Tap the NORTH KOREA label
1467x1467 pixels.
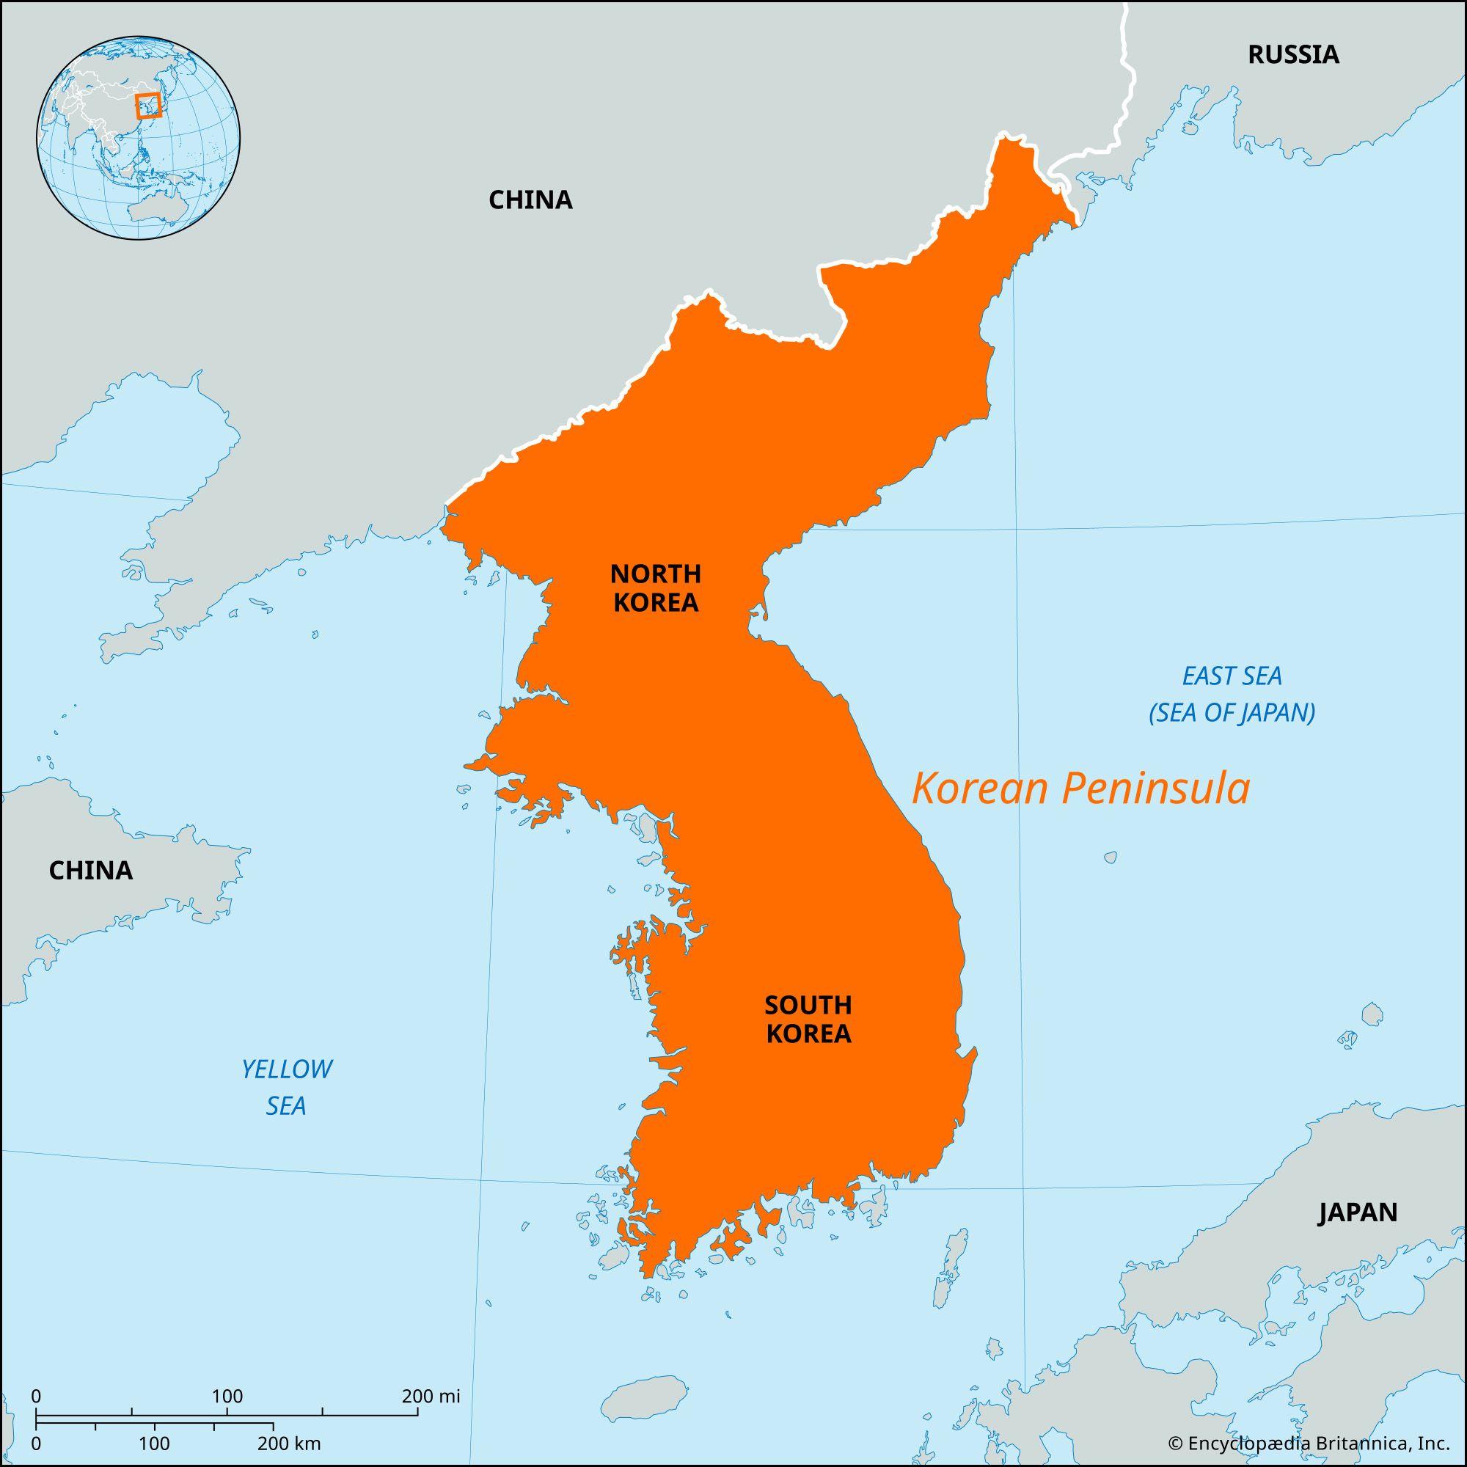pyautogui.click(x=655, y=587)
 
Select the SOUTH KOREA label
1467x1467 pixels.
pyautogui.click(x=808, y=1020)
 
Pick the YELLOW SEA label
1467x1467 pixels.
pyautogui.click(x=286, y=1087)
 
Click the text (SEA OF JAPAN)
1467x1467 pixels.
pyautogui.click(x=1232, y=713)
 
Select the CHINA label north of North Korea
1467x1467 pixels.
pyautogui.click(x=530, y=200)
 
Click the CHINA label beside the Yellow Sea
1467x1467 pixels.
pyautogui.click(x=90, y=870)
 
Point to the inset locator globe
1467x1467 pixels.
pyautogui.click(x=138, y=139)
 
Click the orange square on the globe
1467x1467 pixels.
pyautogui.click(x=148, y=106)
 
